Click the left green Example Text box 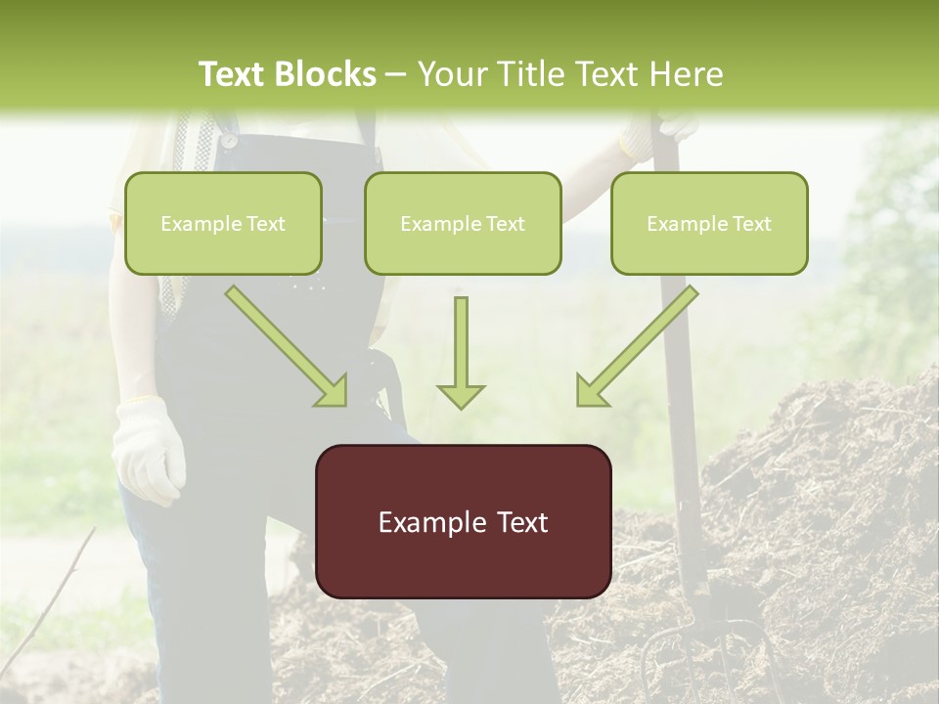tap(223, 224)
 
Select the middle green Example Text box tap(463, 224)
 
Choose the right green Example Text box tap(709, 224)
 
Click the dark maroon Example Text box tap(463, 522)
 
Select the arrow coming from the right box tap(636, 347)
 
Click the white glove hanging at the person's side tap(148, 450)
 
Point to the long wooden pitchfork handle tap(681, 391)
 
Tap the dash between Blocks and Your tap(396, 74)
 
